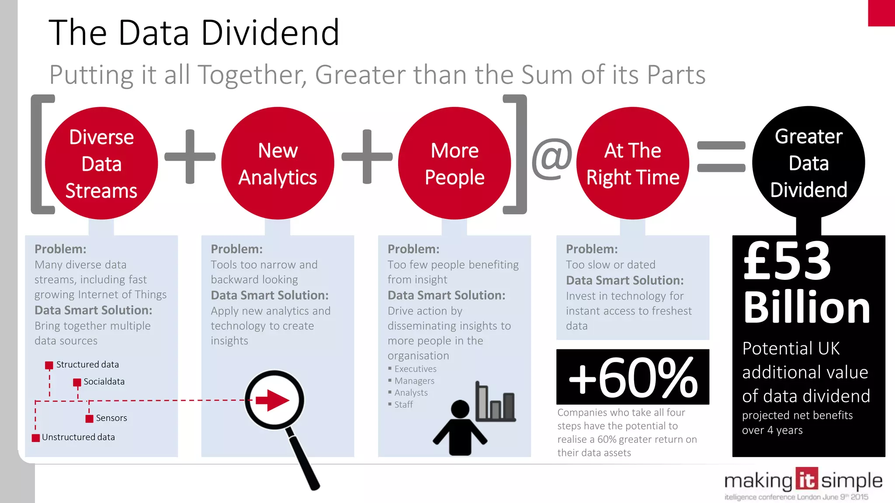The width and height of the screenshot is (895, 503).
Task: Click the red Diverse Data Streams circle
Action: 101,163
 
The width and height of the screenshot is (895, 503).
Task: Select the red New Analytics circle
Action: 278,163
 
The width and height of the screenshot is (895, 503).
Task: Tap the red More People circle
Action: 454,163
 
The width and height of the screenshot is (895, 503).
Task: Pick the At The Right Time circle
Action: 633,163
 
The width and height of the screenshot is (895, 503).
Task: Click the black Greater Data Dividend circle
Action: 808,162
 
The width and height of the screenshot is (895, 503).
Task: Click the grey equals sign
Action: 721,157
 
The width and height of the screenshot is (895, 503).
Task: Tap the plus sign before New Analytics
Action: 190,156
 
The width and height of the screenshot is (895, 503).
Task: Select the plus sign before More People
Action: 367,156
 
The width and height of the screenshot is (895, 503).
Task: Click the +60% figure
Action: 633,377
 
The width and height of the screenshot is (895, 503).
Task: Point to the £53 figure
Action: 787,261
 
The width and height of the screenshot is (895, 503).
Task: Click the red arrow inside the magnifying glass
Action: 273,400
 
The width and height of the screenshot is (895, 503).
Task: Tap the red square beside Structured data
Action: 49,365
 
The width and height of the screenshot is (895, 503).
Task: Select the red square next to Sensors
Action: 89,419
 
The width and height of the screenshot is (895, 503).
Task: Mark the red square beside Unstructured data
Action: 36,438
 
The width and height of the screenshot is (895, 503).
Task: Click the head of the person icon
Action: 460,409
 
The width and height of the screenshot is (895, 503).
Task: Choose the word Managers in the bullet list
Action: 414,381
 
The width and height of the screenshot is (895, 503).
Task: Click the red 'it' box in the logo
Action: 806,479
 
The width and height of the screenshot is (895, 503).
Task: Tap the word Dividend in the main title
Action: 270,33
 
